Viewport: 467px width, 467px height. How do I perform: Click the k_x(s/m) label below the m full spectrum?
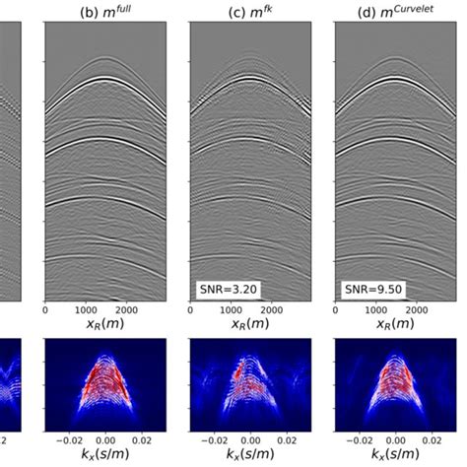[x=105, y=456]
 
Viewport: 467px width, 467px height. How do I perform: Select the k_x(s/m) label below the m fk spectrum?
[x=250, y=456]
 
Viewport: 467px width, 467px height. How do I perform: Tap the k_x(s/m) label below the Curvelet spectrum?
[x=395, y=456]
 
